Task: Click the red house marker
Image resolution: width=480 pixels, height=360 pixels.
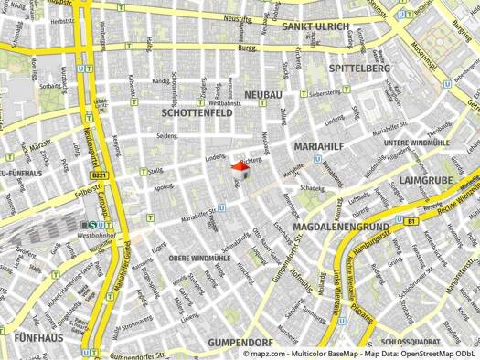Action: click(240, 169)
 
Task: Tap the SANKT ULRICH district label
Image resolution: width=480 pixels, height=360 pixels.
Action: click(315, 26)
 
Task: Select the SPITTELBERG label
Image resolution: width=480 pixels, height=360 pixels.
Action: click(359, 69)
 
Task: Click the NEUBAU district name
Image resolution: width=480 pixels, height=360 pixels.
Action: click(262, 95)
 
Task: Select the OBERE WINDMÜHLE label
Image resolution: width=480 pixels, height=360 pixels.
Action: click(199, 259)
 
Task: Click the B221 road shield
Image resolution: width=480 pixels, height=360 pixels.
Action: click(100, 176)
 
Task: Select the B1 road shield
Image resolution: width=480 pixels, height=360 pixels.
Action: click(411, 220)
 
